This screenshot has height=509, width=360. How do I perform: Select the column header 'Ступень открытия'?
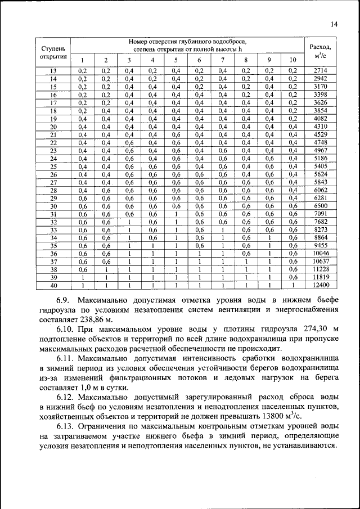click(53, 52)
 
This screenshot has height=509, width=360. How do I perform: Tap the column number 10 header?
click(292, 61)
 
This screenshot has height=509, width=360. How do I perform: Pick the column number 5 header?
click(175, 61)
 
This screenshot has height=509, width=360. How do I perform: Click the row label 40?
click(53, 286)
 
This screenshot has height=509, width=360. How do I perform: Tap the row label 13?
click(53, 70)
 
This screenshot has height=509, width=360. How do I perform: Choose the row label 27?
click(53, 182)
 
